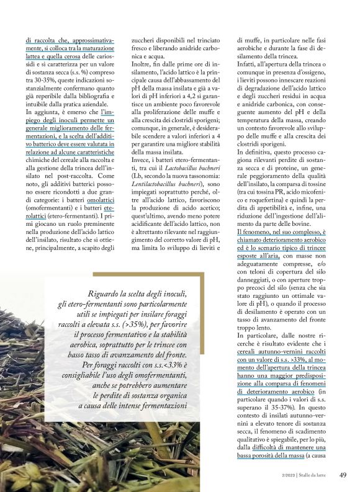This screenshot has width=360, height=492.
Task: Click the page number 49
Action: [x=342, y=475]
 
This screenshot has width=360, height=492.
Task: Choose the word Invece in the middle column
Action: [x=143, y=159]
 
